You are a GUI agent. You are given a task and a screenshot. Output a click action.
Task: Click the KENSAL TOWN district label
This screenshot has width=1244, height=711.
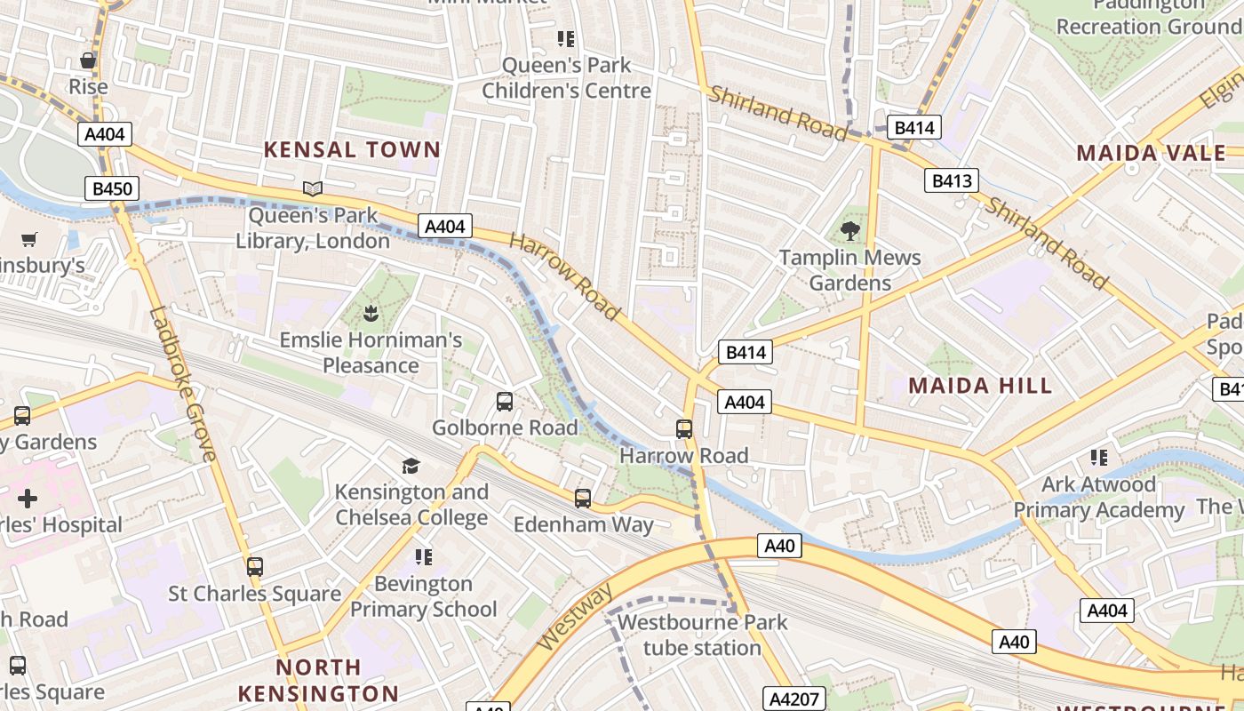click(x=352, y=149)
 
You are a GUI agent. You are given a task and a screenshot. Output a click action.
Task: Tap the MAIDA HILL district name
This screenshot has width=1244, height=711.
click(x=980, y=385)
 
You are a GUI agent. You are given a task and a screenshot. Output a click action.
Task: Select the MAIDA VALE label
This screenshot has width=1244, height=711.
click(x=1151, y=153)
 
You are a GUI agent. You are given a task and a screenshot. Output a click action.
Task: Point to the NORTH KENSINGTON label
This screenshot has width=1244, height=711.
click(x=318, y=680)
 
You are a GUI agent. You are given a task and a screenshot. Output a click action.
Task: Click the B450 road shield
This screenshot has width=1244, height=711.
click(x=112, y=188)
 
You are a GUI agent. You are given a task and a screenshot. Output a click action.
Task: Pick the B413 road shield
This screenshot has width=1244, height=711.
click(x=951, y=181)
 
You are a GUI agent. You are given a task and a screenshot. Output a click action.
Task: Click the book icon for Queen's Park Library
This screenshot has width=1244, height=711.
click(x=312, y=188)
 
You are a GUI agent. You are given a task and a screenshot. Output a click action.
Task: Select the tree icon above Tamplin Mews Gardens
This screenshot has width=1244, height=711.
click(x=850, y=231)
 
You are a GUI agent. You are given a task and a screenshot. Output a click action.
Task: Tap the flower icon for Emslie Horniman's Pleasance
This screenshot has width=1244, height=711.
click(x=371, y=313)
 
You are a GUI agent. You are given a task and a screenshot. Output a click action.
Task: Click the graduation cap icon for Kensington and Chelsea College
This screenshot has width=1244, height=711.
click(x=411, y=466)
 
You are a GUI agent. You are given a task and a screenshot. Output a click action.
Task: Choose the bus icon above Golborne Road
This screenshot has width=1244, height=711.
click(x=505, y=402)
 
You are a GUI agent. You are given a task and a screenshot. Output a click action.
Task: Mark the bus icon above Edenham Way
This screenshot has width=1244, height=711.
click(x=583, y=498)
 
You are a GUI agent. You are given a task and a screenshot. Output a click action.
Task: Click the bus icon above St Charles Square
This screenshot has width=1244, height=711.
click(x=255, y=566)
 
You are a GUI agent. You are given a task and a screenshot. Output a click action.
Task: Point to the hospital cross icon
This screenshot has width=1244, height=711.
click(x=28, y=498)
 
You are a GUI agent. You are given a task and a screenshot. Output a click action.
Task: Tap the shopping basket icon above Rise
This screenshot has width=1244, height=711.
click(x=88, y=60)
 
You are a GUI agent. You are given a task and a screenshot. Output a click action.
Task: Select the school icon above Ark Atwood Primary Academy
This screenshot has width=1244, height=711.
click(x=1098, y=458)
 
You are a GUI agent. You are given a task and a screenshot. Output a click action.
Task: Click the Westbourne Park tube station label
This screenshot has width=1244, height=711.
click(x=702, y=635)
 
